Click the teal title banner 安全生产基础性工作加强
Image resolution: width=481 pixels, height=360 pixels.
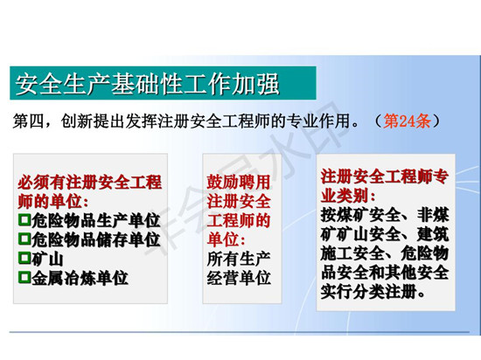pos(163,83)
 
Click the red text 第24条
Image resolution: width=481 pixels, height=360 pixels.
pos(407,121)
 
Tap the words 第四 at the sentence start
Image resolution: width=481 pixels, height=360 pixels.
pos(28,121)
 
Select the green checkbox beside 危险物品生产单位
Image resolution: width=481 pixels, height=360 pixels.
pos(24,219)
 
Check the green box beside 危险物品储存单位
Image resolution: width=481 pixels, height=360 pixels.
pos(24,239)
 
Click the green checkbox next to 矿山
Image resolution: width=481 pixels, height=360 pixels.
pos(24,258)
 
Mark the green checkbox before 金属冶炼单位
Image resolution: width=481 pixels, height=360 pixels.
pos(24,277)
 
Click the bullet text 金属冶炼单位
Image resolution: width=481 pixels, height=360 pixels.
pos(80,278)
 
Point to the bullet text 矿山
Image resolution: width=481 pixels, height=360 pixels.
pos(47,259)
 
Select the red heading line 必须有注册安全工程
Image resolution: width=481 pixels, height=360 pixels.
pos(89,183)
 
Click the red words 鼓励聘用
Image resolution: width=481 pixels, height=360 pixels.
pos(239,182)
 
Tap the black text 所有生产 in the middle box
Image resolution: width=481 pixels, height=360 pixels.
pos(239,259)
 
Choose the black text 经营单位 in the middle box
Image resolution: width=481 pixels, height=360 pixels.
pos(239,278)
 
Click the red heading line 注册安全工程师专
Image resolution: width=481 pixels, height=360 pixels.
pos(385,177)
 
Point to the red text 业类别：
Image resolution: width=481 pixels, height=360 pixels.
pos(348,196)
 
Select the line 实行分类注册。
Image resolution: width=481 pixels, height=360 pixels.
pos(373,291)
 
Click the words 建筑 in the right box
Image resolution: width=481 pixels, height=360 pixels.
pos(433,234)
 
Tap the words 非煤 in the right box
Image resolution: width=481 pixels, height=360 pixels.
pos(433,215)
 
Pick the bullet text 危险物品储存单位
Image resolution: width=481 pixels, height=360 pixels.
pos(95,239)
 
